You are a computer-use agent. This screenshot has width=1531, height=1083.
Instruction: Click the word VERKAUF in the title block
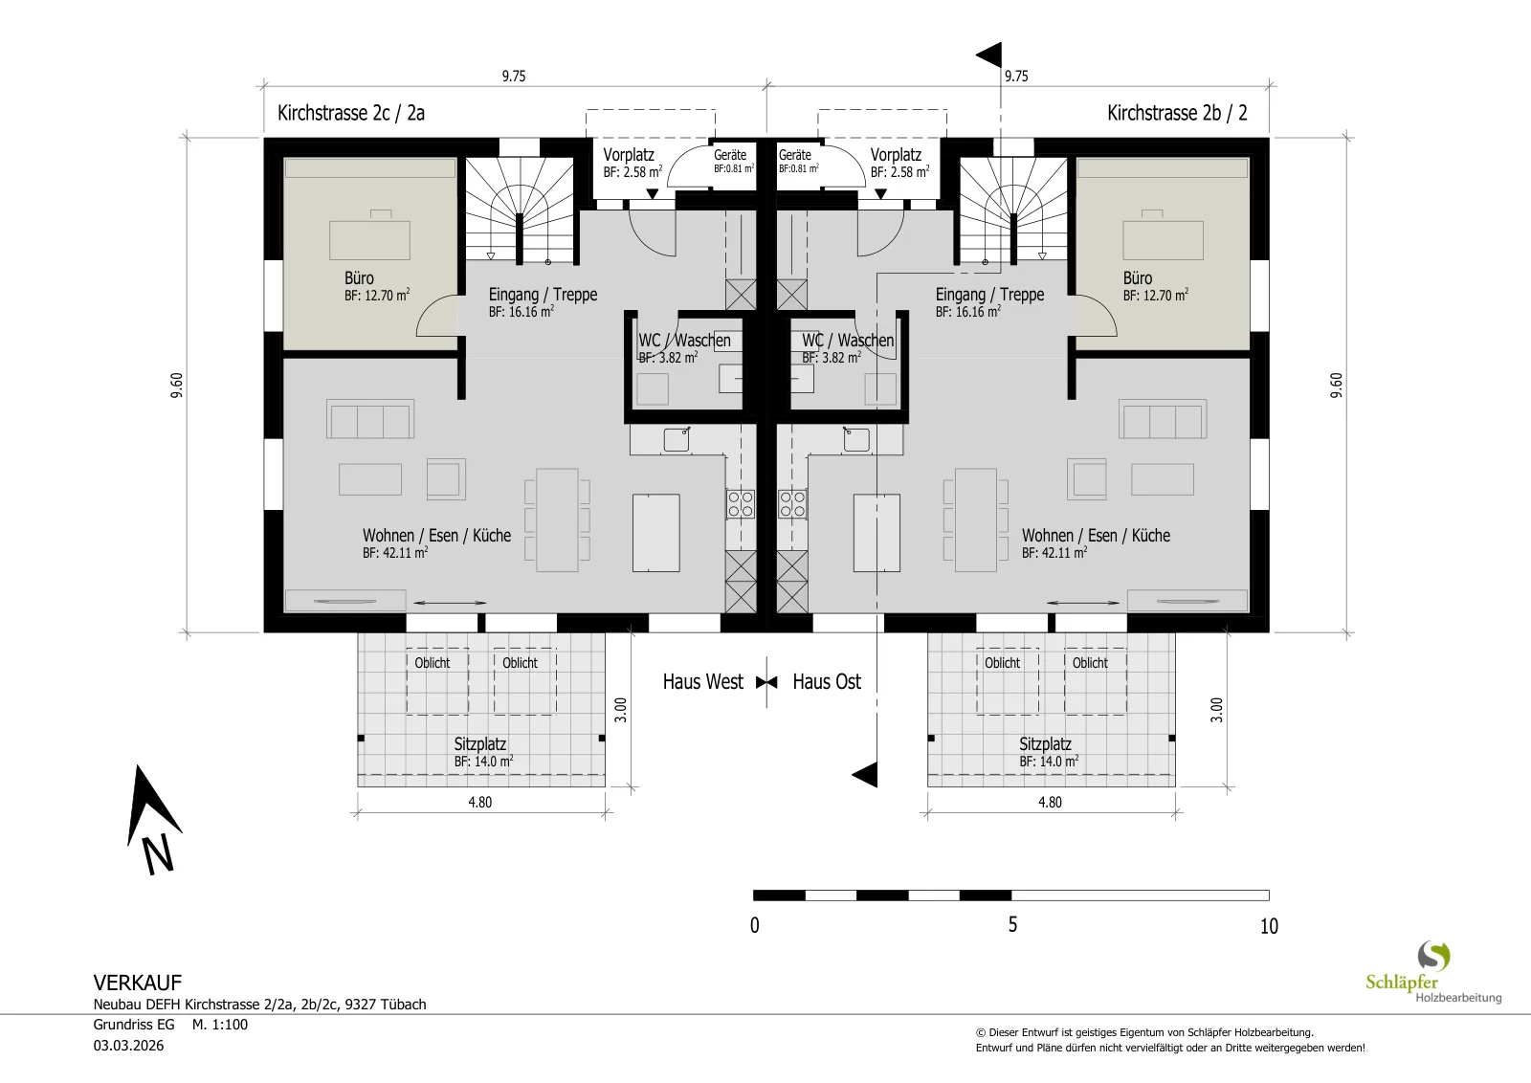click(x=138, y=983)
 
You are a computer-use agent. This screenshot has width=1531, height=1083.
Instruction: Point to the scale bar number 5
click(x=1012, y=924)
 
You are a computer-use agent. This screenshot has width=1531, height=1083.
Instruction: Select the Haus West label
click(x=702, y=681)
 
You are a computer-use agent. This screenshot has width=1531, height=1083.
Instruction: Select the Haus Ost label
click(x=827, y=681)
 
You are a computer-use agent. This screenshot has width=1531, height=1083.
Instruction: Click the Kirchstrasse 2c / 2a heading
click(x=350, y=113)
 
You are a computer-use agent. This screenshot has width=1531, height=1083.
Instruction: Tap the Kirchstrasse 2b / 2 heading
click(x=1177, y=113)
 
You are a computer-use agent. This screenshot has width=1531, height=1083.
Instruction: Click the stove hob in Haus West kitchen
click(x=741, y=504)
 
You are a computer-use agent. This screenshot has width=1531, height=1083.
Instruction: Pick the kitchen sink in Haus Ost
click(x=855, y=439)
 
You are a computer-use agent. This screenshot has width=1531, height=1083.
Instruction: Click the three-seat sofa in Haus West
click(x=369, y=419)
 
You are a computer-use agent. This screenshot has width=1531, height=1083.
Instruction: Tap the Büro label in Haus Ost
click(x=1138, y=278)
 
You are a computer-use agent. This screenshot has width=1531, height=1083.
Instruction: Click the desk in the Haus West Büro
click(x=369, y=239)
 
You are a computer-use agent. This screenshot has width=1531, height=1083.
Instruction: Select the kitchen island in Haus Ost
click(x=876, y=533)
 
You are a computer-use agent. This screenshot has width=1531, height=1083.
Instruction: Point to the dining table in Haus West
click(x=557, y=520)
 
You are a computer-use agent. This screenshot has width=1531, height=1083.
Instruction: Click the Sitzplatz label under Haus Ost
click(x=1045, y=744)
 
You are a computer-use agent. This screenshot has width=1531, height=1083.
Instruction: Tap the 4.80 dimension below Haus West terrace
click(x=479, y=802)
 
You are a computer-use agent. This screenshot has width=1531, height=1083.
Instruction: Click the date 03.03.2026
click(x=128, y=1046)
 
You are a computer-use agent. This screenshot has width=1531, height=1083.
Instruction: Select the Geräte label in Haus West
click(x=730, y=155)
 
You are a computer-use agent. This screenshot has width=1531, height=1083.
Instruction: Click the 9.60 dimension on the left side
click(x=177, y=385)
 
